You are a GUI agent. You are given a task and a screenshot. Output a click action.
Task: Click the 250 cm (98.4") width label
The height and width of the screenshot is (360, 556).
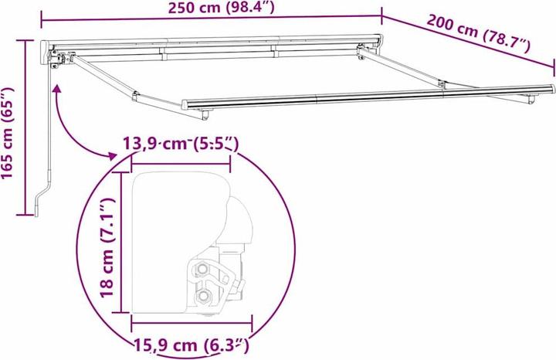211,8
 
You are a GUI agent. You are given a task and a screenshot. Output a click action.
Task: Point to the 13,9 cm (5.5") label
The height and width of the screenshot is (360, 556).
180,144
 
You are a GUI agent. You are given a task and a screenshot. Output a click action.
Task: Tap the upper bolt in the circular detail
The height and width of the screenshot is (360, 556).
202,269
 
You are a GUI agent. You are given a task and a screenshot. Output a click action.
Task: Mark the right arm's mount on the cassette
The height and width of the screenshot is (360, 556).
361,53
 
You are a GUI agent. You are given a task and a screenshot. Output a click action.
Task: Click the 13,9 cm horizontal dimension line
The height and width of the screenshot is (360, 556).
181,163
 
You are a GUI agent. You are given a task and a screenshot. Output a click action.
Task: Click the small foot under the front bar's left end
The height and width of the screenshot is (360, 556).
206,115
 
